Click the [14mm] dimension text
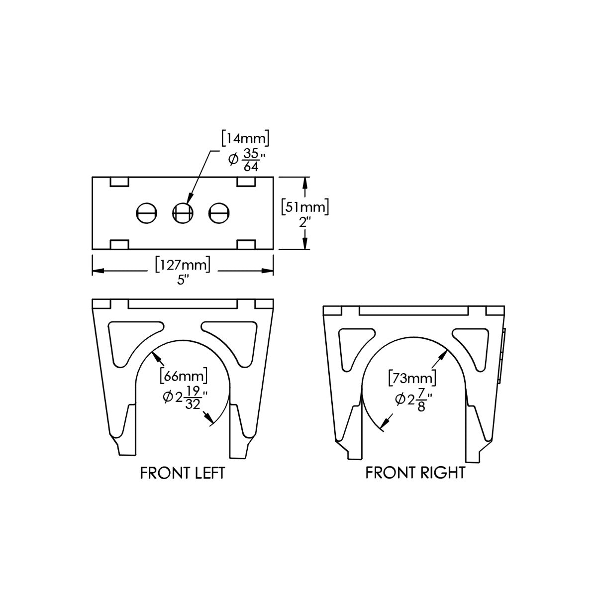(x=245, y=139)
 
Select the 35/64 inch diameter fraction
(x=251, y=160)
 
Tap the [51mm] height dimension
(x=305, y=207)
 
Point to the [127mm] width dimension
(x=183, y=265)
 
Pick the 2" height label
(x=305, y=222)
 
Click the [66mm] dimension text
(x=184, y=376)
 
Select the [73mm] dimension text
(x=412, y=378)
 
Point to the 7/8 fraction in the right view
(x=421, y=400)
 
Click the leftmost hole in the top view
(x=147, y=213)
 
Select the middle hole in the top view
(x=183, y=213)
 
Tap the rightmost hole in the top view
(x=219, y=213)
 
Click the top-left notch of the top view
(x=119, y=182)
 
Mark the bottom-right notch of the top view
(x=246, y=244)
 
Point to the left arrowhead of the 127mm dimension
(x=98, y=271)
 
